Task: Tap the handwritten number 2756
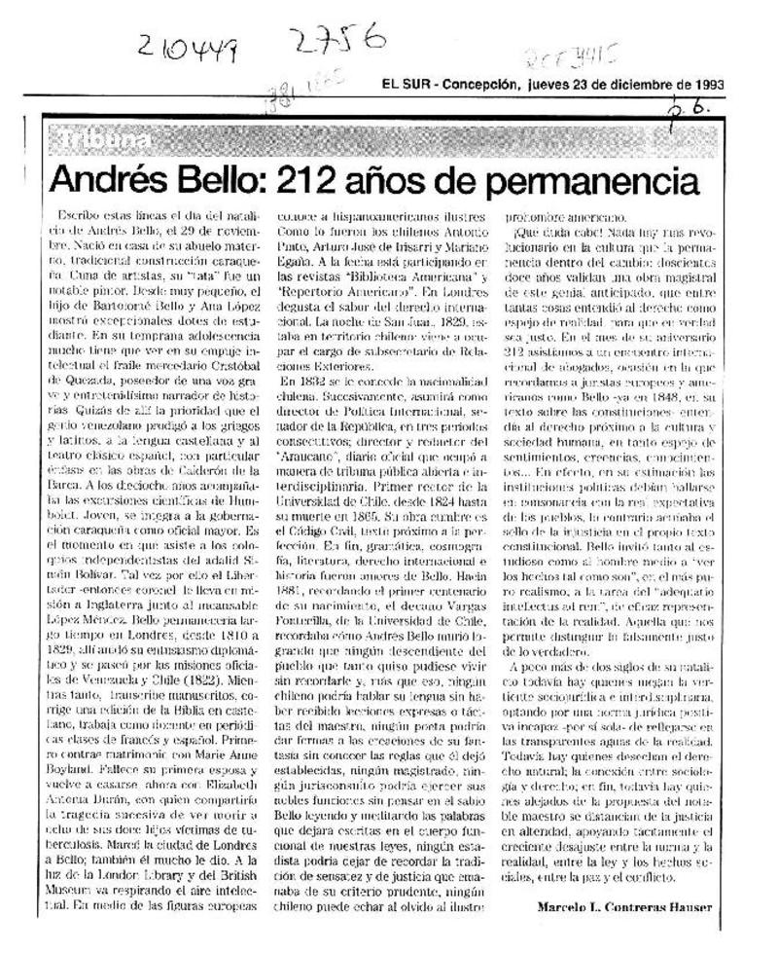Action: pos(335,41)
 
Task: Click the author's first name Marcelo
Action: pos(561,906)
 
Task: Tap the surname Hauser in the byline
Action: pos(687,906)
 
